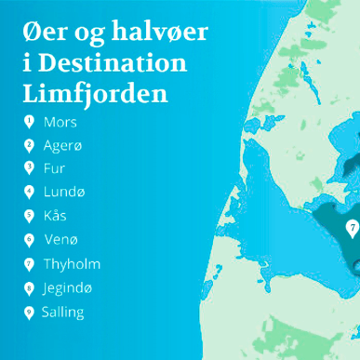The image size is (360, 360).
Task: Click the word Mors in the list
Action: point(60,122)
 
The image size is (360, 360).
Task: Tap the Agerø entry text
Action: point(63,145)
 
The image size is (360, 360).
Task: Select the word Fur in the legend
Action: point(54,168)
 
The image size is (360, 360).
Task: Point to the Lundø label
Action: point(63,193)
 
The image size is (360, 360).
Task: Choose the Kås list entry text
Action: point(55,216)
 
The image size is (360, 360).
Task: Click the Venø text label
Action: point(59,240)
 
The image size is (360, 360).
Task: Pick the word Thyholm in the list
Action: point(72,264)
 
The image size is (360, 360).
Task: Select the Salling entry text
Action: point(63,312)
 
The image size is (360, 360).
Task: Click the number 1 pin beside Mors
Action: point(29,121)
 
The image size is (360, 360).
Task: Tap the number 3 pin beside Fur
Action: point(29,168)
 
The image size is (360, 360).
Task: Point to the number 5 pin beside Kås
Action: point(29,216)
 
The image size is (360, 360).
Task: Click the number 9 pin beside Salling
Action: point(29,312)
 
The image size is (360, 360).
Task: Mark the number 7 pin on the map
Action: point(352,227)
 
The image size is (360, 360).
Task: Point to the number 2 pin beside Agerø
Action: point(29,145)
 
